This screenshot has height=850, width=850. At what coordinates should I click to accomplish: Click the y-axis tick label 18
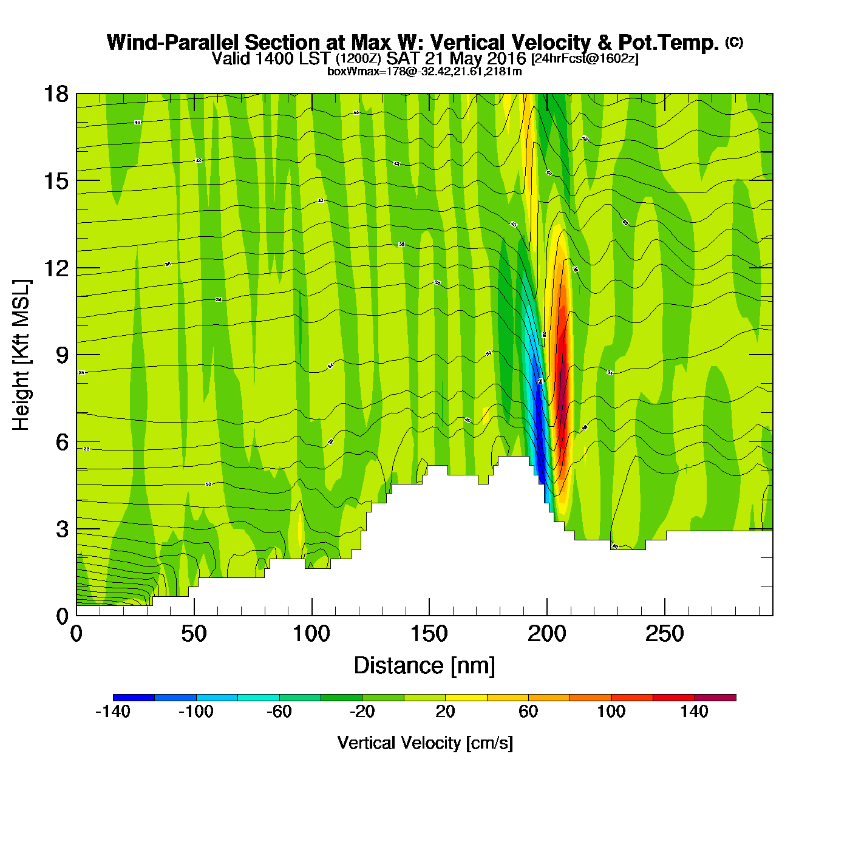click(55, 94)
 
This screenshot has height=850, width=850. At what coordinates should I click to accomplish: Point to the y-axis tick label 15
click(55, 181)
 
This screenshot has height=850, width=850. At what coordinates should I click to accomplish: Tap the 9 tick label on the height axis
click(62, 355)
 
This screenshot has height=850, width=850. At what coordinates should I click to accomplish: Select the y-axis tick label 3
click(62, 529)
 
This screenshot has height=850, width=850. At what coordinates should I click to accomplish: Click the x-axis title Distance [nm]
click(424, 666)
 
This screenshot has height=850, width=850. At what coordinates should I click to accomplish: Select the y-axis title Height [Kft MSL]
click(21, 355)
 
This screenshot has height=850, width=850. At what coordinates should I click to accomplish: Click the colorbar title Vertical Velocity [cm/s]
click(425, 743)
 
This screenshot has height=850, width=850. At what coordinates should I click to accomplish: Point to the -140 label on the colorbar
click(113, 712)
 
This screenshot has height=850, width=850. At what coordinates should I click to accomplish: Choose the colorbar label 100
click(611, 712)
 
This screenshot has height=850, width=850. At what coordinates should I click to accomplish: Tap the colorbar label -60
click(279, 712)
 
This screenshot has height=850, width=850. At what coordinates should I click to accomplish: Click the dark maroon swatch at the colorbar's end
click(715, 698)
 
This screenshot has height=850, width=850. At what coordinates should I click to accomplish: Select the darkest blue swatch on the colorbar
click(134, 698)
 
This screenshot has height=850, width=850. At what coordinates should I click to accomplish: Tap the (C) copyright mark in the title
click(733, 42)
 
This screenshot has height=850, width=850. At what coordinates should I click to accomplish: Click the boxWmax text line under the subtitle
click(424, 71)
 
